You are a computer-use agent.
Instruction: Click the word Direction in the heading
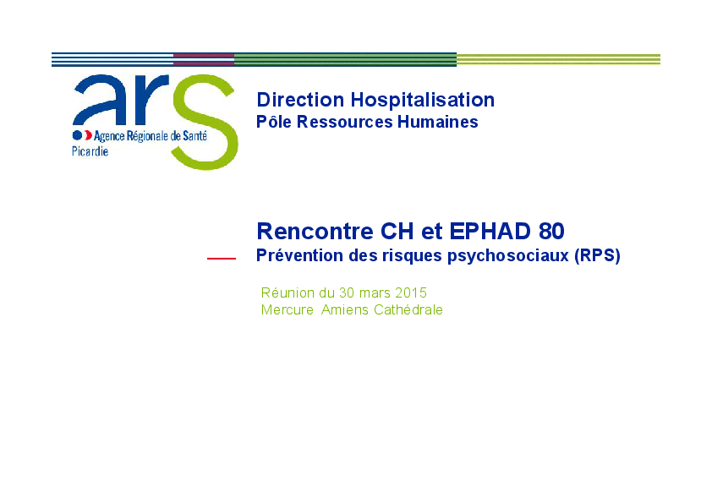300,100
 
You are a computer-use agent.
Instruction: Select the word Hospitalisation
422,100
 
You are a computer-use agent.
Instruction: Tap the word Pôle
273,122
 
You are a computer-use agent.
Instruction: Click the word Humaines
438,122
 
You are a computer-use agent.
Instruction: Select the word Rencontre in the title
315,231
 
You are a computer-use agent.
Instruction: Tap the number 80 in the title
551,231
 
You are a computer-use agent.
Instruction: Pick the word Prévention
300,255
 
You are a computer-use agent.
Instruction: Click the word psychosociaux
507,256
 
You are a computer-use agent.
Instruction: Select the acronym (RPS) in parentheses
597,255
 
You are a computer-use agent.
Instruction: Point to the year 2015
411,293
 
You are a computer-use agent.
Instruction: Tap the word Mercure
287,309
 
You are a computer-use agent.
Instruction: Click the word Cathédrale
408,309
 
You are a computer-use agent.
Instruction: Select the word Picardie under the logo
90,151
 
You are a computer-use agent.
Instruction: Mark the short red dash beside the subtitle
222,259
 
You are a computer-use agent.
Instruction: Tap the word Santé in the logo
194,135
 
